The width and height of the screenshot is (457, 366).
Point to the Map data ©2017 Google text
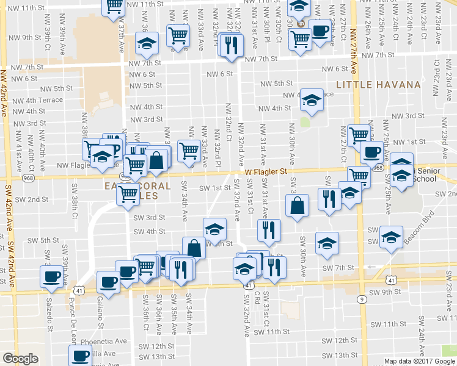click(419, 361)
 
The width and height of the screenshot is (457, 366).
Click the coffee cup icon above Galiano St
click(109, 282)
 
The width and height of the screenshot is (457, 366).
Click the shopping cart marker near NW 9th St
click(178, 36)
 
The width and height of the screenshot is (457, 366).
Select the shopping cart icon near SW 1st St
click(128, 194)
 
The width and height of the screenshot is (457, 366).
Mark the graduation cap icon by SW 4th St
click(214, 229)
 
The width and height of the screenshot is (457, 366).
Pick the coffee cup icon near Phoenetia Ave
click(79, 356)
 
